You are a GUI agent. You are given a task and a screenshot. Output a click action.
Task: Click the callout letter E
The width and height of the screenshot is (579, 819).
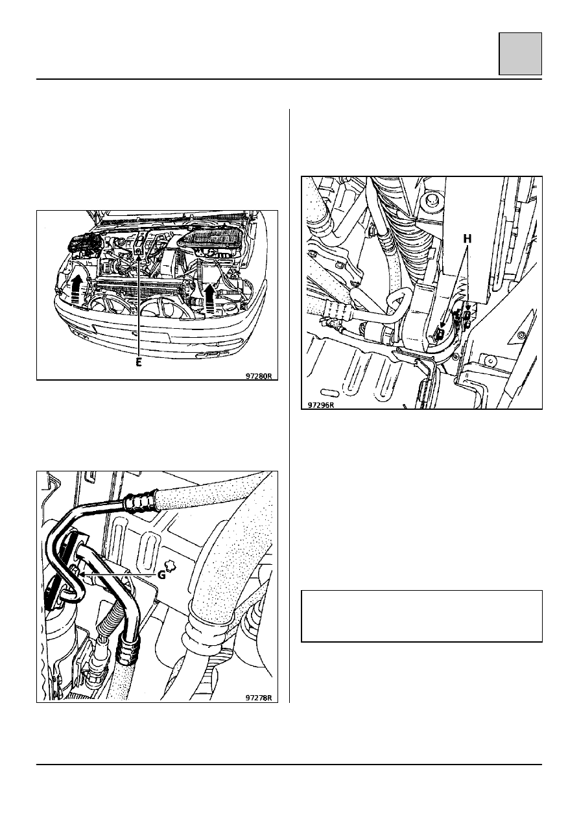139,363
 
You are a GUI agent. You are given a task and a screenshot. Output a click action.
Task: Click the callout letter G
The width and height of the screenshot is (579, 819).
162,575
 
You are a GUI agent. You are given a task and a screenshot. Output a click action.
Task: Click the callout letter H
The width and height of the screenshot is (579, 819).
467,239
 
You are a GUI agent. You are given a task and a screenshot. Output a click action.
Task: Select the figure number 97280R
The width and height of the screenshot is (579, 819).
259,375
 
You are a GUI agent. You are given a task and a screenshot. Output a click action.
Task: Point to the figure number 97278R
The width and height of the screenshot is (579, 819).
259,697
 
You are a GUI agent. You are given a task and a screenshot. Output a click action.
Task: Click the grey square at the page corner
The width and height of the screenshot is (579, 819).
520,54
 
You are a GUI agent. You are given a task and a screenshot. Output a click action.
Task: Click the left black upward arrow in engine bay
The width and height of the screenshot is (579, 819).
76,290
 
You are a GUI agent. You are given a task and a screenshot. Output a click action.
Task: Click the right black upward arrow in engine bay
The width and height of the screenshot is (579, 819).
209,298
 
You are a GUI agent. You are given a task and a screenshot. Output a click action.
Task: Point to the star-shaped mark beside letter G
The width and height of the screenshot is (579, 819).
171,566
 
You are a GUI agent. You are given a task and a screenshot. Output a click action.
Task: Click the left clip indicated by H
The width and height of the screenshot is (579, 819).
441,333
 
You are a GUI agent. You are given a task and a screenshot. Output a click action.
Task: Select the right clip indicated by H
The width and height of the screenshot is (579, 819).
468,316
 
